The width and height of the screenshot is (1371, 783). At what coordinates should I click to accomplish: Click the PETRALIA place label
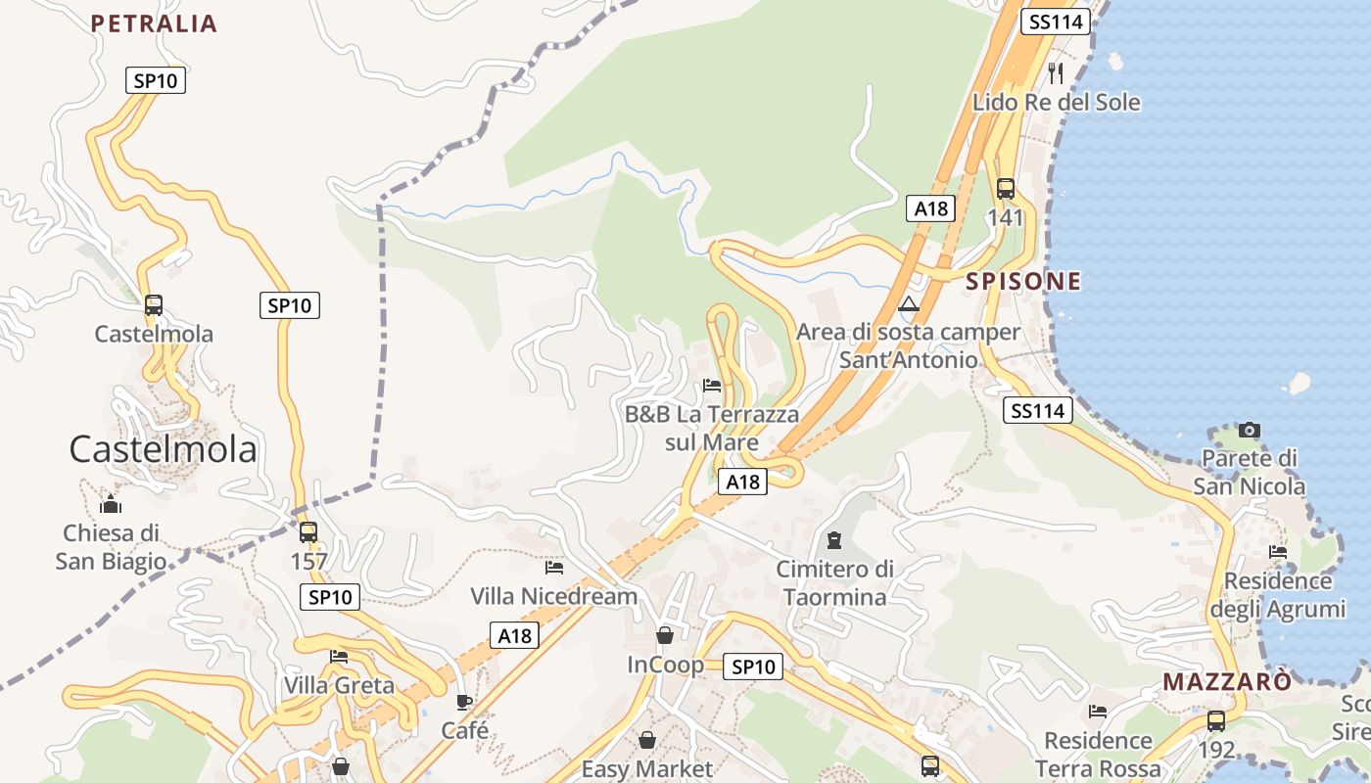[x=154, y=23]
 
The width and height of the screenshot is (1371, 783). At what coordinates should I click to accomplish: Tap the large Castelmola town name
[x=163, y=449]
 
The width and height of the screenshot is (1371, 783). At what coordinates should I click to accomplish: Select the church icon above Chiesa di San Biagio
[x=111, y=505]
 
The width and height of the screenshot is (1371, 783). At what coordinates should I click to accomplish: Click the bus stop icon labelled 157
[x=308, y=532]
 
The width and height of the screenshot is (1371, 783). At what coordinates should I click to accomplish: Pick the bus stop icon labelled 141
[x=1005, y=189]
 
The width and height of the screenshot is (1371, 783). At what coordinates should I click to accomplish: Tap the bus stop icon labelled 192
[x=1215, y=721]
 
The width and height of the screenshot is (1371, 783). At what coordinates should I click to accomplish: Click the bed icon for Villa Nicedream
[x=554, y=567]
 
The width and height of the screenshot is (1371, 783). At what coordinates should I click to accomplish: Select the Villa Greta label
[x=339, y=685]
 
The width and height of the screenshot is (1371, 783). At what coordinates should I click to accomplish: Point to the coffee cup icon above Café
[x=464, y=702]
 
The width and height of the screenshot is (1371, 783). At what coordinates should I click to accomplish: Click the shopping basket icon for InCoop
[x=665, y=635]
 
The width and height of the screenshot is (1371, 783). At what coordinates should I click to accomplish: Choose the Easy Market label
[x=647, y=769]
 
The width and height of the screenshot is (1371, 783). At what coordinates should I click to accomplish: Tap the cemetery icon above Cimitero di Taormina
[x=834, y=539]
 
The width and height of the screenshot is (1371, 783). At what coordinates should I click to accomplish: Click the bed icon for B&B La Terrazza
[x=712, y=386]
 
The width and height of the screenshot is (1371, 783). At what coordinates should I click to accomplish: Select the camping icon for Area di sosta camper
[x=909, y=303]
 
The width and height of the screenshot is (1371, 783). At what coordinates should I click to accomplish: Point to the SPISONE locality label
[x=1023, y=282]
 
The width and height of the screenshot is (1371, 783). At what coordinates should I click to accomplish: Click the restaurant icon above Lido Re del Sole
[x=1056, y=71]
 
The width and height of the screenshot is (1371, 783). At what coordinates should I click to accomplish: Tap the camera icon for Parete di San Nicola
[x=1249, y=430]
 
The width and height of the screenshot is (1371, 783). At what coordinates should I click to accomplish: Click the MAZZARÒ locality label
[x=1227, y=682]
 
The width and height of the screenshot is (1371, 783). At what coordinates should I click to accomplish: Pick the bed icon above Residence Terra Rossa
[x=1098, y=712]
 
